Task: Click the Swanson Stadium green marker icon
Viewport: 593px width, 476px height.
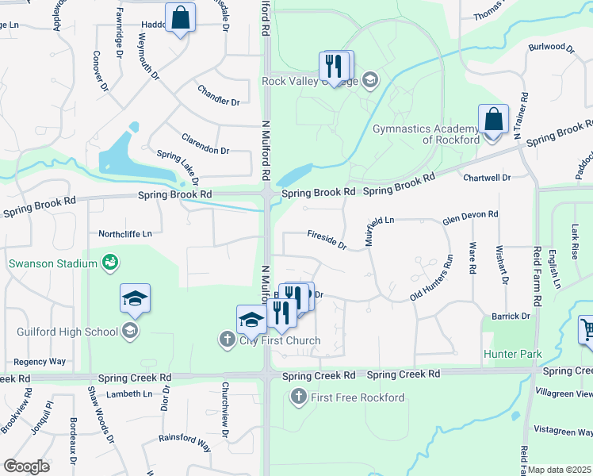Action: [110, 262]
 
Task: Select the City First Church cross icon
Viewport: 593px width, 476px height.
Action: [226, 340]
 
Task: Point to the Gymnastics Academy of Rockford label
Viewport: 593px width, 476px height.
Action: [427, 133]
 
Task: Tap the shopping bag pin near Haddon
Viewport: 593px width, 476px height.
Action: [180, 17]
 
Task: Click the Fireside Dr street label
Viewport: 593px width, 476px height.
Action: [327, 239]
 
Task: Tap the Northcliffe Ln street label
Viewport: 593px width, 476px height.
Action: [124, 234]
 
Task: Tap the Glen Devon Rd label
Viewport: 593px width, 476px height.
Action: [470, 215]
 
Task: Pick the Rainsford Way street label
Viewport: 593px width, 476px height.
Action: [184, 443]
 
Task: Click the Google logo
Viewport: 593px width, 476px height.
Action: [26, 466]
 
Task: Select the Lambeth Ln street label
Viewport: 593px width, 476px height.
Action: [125, 393]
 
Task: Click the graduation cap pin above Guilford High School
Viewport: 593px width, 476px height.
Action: [135, 298]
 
